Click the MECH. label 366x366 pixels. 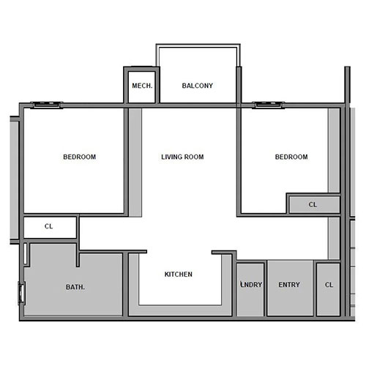[142, 86]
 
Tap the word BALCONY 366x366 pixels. [198, 86]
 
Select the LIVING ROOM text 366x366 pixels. [182, 157]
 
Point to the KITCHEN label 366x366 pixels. [179, 274]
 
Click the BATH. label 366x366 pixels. [75, 287]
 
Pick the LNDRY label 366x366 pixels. [251, 285]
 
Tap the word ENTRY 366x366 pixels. [290, 285]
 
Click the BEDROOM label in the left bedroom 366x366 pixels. [79, 157]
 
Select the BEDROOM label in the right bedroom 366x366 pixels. [291, 157]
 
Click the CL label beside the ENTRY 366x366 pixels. [329, 285]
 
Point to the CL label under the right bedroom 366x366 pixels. [313, 204]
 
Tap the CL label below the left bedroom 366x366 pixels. [49, 226]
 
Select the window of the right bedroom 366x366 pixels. [269, 105]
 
